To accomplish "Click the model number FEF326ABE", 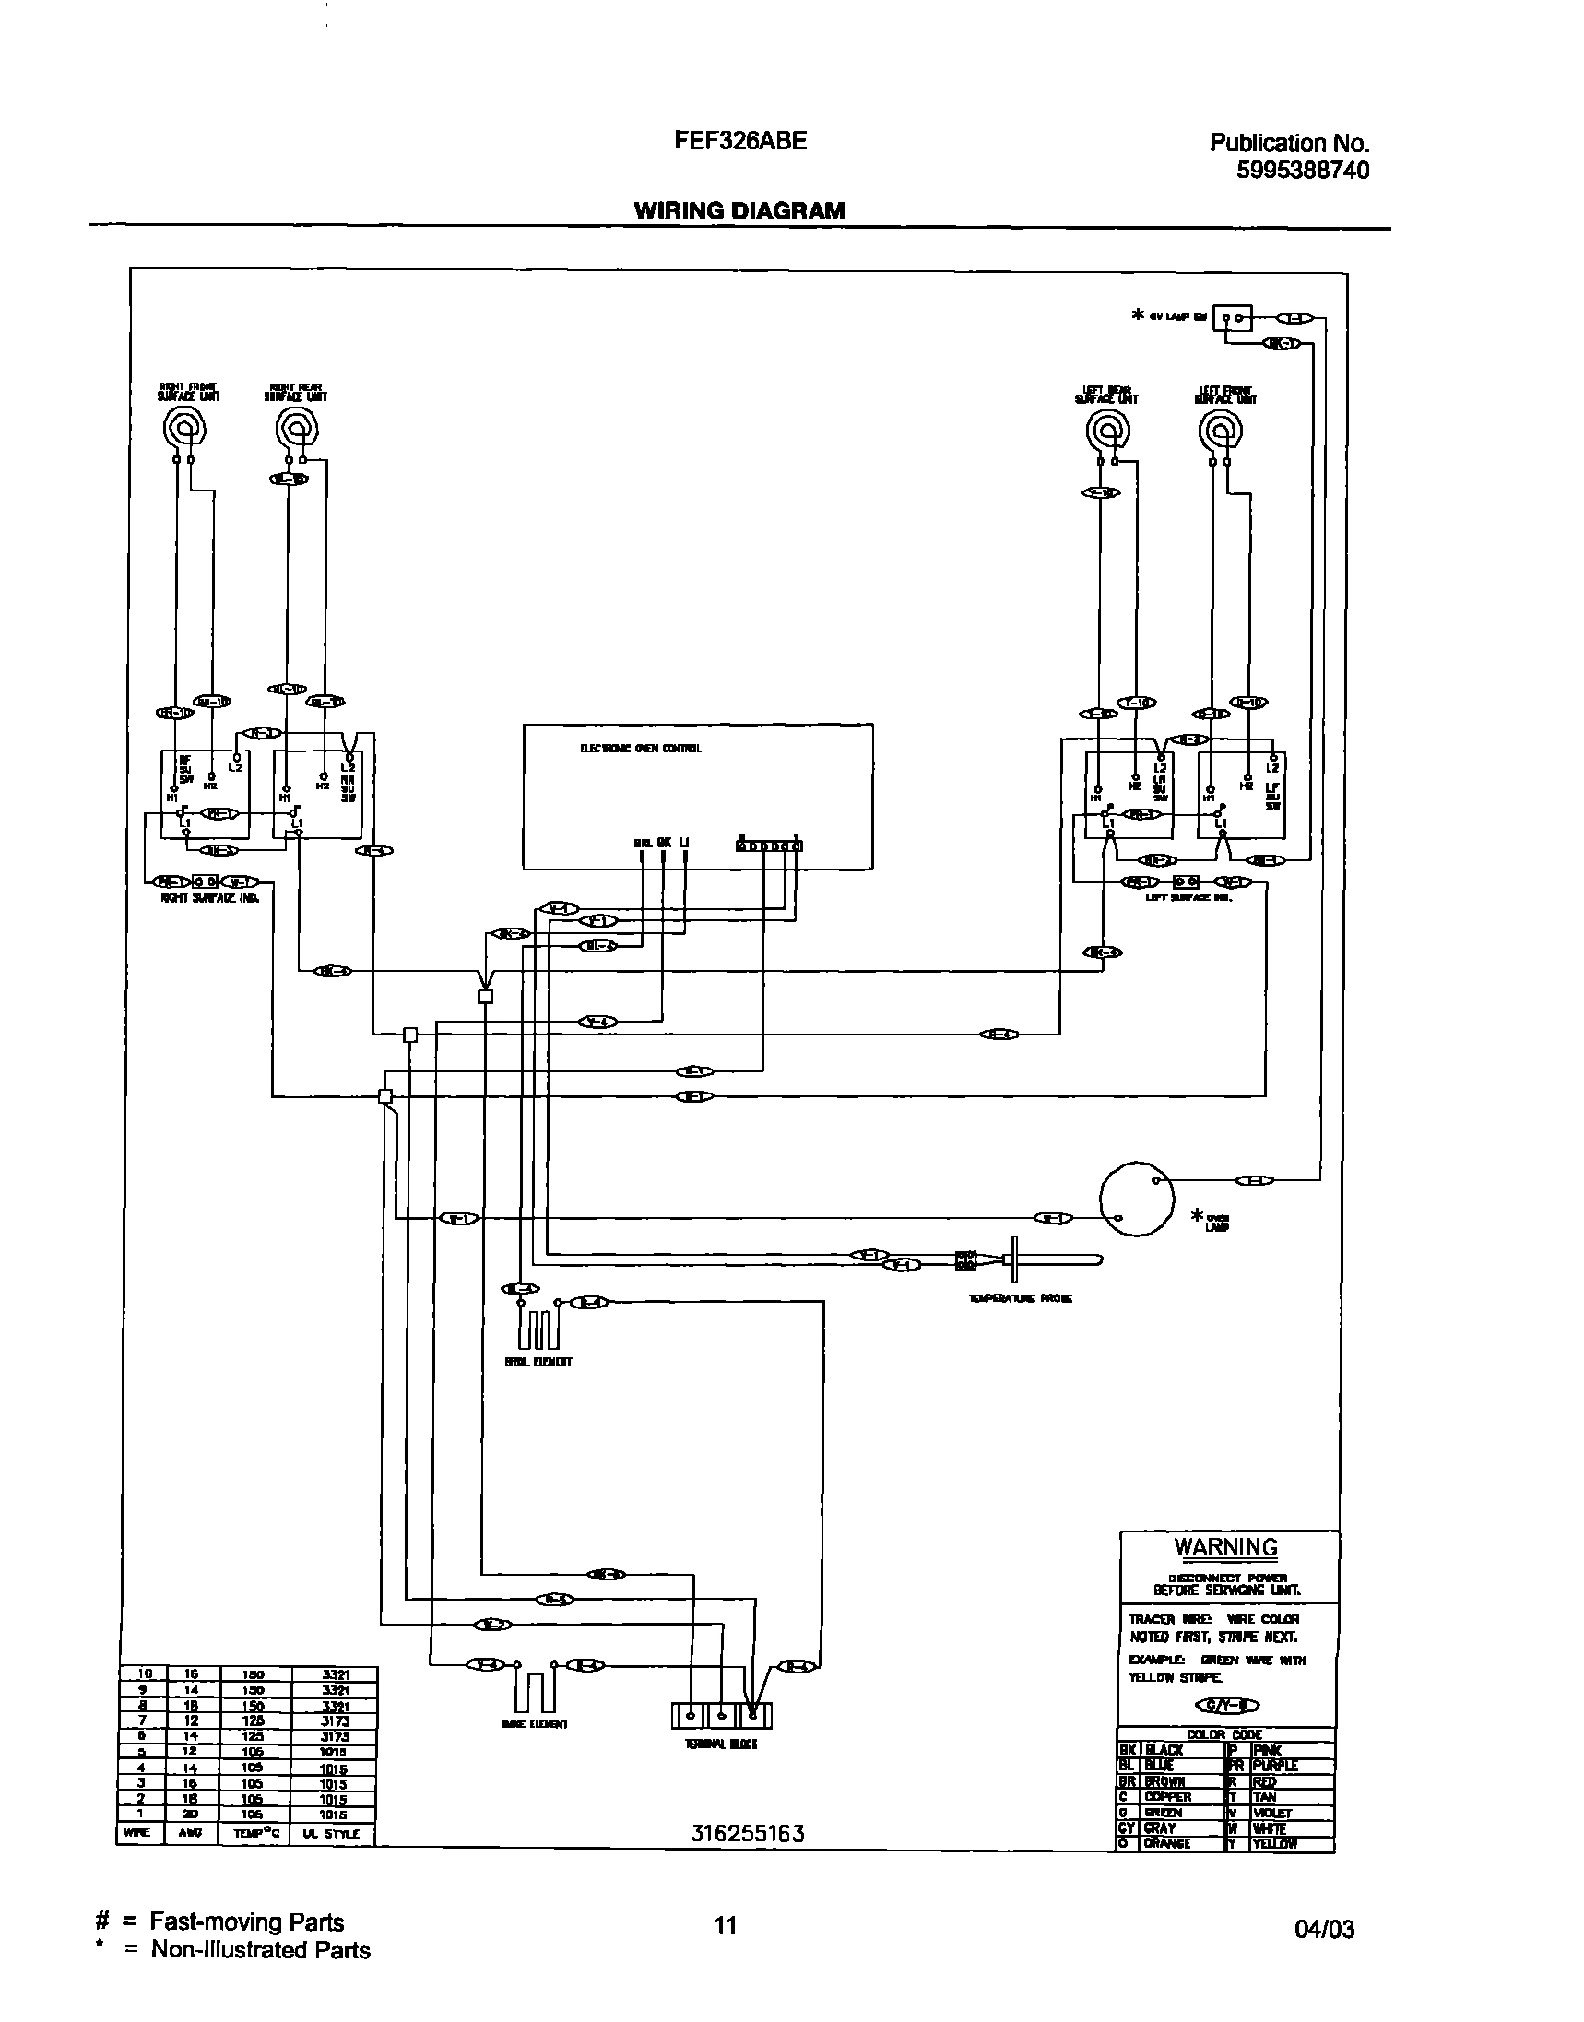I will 740,141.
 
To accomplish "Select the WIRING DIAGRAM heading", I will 739,210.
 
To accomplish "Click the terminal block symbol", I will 722,1716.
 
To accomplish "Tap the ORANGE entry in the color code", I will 1166,1844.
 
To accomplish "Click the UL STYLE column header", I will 330,1834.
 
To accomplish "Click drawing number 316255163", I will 748,1833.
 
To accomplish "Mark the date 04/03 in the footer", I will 1323,1930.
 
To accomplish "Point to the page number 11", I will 726,1925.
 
